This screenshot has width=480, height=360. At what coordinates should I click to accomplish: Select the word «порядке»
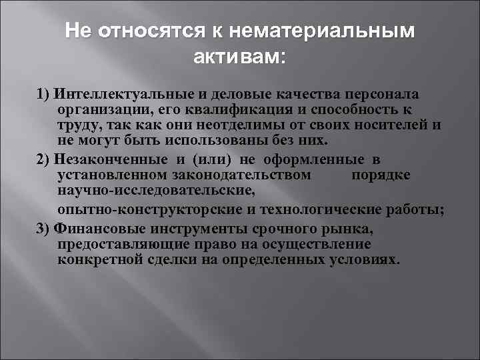tap(381, 175)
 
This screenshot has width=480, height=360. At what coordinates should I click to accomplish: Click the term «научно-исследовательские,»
tap(156, 191)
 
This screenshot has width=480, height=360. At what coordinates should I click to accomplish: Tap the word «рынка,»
tap(353, 229)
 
